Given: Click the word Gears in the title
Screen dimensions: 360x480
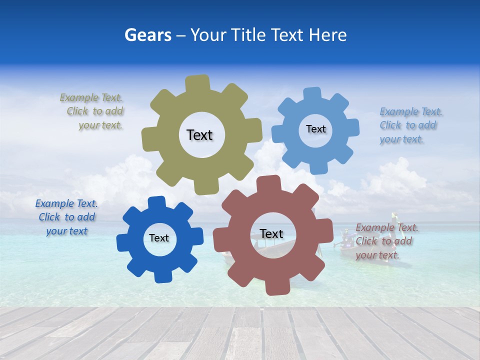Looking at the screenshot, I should click(x=146, y=35).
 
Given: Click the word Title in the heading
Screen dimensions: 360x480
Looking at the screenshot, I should click(x=249, y=35).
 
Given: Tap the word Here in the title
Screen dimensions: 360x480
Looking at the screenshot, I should click(x=327, y=35).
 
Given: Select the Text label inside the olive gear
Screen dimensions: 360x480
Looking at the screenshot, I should click(x=199, y=135).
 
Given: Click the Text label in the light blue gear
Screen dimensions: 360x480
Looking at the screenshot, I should click(x=315, y=129).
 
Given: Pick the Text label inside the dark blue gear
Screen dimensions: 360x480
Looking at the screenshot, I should click(x=159, y=238).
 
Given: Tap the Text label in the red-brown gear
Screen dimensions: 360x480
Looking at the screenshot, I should click(x=271, y=234).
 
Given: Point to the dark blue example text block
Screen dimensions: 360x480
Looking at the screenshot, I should click(x=66, y=217).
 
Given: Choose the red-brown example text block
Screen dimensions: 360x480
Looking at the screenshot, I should click(x=386, y=241).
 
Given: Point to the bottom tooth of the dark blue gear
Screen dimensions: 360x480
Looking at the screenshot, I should click(x=161, y=276).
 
